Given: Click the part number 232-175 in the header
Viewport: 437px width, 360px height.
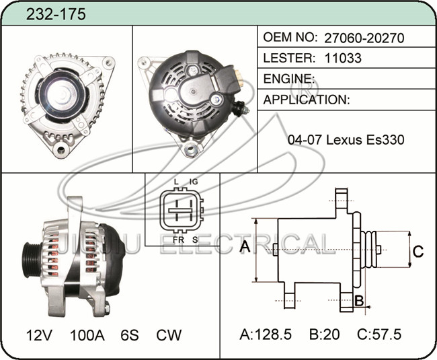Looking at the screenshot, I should (x=56, y=14).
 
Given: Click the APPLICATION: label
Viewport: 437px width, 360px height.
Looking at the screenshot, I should (x=307, y=100).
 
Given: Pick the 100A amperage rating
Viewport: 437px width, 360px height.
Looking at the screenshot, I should (x=87, y=334).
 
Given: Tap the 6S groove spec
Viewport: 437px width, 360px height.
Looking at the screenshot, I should (x=129, y=334).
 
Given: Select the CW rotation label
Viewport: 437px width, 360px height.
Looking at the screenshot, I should (x=168, y=334).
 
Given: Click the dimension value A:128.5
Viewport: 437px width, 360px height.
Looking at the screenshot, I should (x=266, y=334).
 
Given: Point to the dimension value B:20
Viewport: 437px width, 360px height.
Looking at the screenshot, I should (x=325, y=334).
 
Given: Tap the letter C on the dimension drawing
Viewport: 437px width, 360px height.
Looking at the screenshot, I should (x=418, y=252).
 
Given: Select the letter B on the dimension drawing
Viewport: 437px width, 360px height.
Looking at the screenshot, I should (x=359, y=300).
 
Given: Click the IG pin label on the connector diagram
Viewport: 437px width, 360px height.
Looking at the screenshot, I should (x=194, y=182).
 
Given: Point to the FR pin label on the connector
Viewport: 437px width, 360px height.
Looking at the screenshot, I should (x=178, y=240).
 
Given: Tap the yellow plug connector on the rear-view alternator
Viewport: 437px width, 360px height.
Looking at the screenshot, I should (x=237, y=76).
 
